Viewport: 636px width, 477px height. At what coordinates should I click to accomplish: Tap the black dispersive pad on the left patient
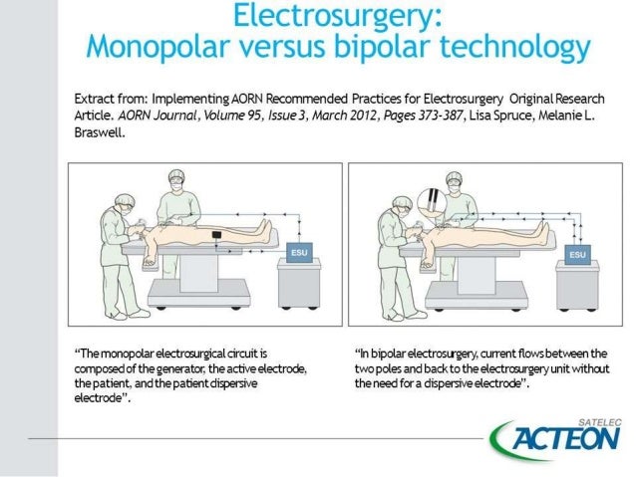coord(219,234)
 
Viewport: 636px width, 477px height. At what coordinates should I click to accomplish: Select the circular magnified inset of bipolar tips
coord(437,199)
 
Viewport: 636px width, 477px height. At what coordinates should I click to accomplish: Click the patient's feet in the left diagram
coord(264,229)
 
